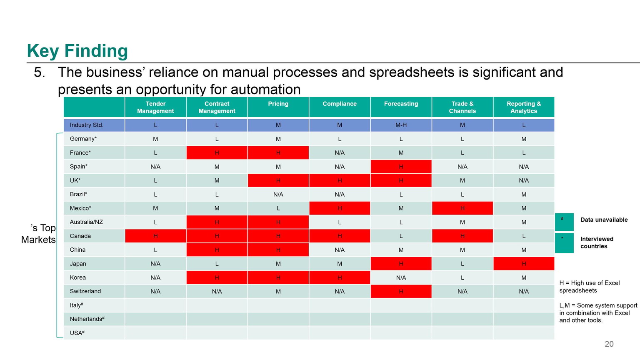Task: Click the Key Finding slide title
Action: (77, 51)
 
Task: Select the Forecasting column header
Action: (401, 107)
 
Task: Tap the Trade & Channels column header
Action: (462, 107)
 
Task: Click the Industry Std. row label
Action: (86, 125)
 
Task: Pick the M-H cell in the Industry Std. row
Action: (401, 125)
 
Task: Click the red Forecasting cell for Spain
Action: (401, 167)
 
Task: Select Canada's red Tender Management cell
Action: (155, 236)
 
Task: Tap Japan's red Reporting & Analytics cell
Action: (524, 264)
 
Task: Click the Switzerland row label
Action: (85, 291)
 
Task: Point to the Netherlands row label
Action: (87, 319)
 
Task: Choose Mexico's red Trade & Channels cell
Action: (462, 208)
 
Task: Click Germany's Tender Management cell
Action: (155, 139)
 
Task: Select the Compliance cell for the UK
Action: (340, 180)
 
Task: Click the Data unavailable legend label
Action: (604, 220)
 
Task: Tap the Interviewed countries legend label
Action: (597, 242)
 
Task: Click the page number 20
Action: (609, 344)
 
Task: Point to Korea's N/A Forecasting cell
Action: (401, 277)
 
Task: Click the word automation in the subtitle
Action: (265, 90)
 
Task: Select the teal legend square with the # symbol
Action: (564, 222)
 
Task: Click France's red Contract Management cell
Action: (217, 153)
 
